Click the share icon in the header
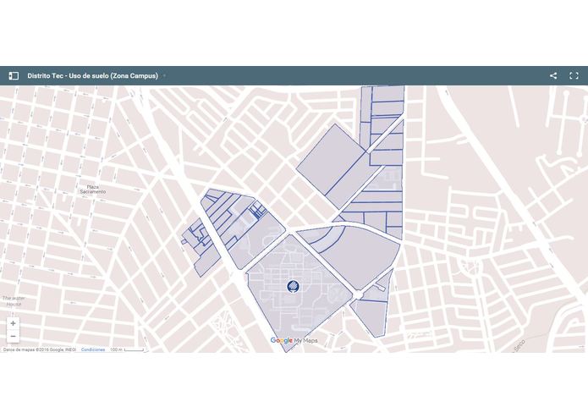[x=553, y=75]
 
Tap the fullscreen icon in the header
[x=574, y=75]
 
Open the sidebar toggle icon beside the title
[x=14, y=75]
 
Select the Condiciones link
[x=93, y=349]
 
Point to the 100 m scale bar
[x=128, y=349]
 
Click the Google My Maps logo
[x=294, y=340]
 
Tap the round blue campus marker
[x=292, y=286]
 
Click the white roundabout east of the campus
[x=358, y=294]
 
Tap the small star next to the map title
[x=164, y=75]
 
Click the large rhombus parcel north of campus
[x=332, y=165]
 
